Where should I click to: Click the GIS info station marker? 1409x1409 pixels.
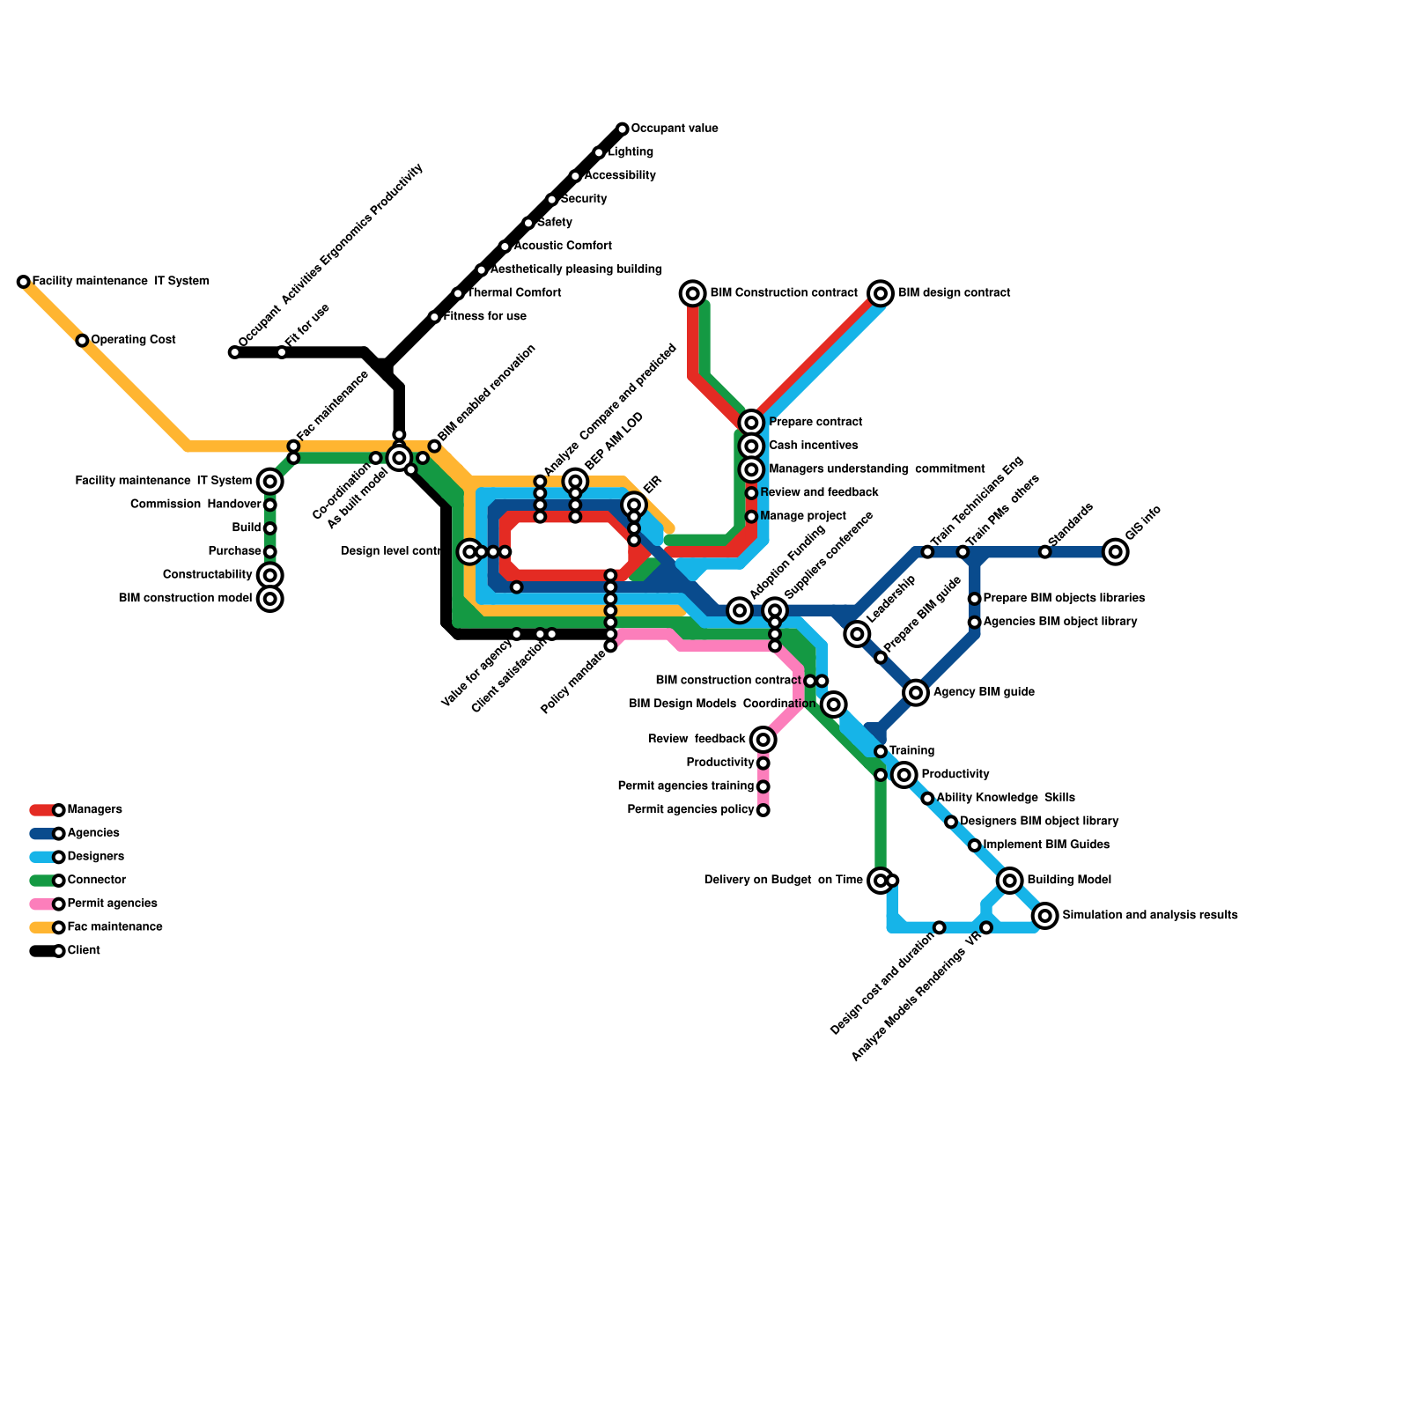tap(1115, 552)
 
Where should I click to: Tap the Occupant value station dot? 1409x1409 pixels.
tap(623, 129)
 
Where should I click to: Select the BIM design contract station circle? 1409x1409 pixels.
tap(881, 293)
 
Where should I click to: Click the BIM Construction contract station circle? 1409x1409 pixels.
tap(693, 293)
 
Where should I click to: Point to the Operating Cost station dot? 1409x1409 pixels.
tap(82, 341)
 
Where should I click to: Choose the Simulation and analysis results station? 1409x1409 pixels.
tap(1045, 916)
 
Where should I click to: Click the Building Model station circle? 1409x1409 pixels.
tap(1010, 880)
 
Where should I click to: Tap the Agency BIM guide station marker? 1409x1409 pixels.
tap(916, 692)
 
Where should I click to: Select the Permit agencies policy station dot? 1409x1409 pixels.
tap(764, 810)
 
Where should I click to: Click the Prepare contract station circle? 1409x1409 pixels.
tap(751, 423)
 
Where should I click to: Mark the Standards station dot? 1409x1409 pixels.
tap(1044, 552)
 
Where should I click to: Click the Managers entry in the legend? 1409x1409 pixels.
tap(94, 809)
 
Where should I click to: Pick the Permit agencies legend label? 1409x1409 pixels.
tap(112, 904)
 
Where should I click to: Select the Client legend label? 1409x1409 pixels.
tap(84, 951)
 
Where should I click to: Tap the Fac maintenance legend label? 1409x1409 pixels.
tap(114, 927)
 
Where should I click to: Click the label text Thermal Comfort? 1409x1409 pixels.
tap(514, 293)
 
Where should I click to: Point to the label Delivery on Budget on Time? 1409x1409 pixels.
tap(783, 880)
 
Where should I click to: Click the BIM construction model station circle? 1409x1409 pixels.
tap(270, 599)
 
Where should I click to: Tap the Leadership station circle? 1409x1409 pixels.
tap(857, 633)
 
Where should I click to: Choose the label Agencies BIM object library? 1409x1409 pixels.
tap(1060, 622)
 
